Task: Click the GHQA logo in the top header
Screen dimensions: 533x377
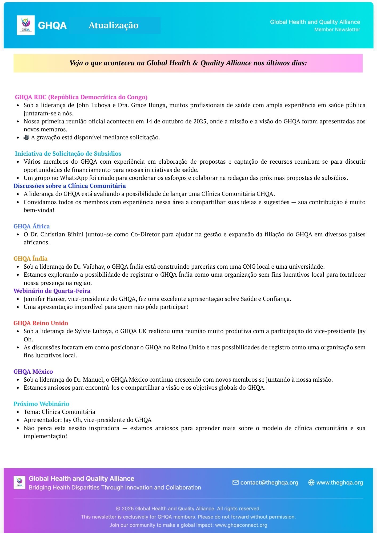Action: point(26,25)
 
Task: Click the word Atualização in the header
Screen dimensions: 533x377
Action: point(113,25)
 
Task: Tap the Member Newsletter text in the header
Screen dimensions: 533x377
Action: point(337,30)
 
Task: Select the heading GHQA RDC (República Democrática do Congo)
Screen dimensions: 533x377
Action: point(81,97)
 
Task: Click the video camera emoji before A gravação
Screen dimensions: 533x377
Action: point(26,138)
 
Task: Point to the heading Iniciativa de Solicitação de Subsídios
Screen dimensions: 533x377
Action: point(68,154)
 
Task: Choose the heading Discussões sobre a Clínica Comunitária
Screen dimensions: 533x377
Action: point(70,186)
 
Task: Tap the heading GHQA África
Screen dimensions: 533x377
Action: point(31,226)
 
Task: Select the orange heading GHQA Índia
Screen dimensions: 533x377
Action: point(30,259)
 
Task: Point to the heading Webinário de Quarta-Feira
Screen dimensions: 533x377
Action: point(52,291)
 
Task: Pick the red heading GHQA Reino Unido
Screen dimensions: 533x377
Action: point(41,323)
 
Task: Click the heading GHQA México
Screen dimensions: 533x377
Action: point(33,372)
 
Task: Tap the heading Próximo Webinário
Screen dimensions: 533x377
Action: point(41,404)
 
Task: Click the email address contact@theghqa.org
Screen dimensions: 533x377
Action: point(269,483)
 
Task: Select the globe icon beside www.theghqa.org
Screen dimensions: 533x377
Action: point(311,483)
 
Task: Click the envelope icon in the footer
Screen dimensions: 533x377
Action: point(235,483)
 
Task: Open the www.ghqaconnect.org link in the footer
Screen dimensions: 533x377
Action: point(241,525)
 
